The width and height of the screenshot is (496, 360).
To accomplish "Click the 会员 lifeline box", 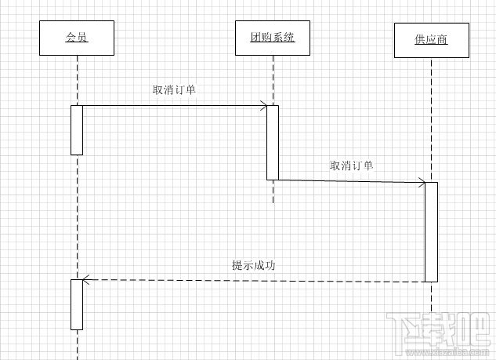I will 76,38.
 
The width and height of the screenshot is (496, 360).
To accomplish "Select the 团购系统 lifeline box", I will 272,38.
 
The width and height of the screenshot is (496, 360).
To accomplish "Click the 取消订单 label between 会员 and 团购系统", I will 174,89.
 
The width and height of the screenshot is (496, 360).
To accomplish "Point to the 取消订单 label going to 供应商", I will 352,165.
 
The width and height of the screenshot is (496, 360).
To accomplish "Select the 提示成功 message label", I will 253,265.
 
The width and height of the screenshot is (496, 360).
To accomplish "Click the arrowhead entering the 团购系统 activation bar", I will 262,105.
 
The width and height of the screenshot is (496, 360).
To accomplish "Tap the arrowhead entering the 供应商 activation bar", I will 422,184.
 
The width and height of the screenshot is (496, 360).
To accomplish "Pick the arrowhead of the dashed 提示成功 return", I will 87,280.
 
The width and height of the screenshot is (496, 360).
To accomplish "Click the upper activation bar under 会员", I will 77,129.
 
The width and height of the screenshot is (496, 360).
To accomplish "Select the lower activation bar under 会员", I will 77,304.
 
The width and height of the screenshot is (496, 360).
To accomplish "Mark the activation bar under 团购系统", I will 272,142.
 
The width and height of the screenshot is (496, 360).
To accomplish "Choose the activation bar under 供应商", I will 431,231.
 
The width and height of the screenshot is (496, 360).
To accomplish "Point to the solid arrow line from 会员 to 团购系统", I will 172,105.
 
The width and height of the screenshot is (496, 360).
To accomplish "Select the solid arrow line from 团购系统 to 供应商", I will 349,181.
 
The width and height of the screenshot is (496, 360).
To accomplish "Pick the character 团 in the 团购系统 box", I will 255,38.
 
